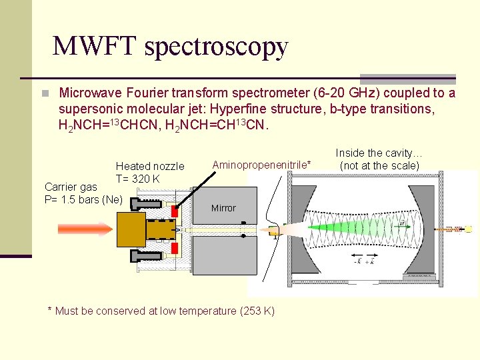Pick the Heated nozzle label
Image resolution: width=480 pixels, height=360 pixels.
(x=149, y=166)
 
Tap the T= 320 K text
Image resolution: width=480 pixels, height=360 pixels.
(x=137, y=178)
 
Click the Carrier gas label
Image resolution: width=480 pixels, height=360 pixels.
(x=71, y=187)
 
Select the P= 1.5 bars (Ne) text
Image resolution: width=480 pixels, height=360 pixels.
(x=83, y=199)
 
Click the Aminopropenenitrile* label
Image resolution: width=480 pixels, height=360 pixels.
(x=261, y=164)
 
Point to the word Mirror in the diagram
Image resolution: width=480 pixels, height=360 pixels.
(x=223, y=208)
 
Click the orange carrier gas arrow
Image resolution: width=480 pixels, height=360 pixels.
(x=85, y=229)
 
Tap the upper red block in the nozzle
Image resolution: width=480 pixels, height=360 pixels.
(x=175, y=210)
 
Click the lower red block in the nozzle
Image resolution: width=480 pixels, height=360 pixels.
(x=175, y=248)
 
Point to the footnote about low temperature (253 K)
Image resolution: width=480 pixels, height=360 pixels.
(x=161, y=311)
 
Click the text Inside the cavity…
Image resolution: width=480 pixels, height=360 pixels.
(x=379, y=153)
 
